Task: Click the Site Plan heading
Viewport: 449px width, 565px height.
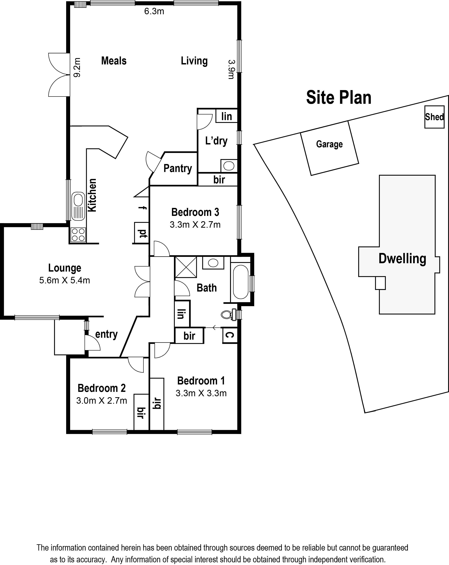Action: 339,97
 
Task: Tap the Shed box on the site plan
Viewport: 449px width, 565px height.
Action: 434,117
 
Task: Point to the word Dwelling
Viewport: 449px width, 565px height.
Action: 402,259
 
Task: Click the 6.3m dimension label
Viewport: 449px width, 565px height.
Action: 154,11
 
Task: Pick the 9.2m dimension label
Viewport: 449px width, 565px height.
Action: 77,67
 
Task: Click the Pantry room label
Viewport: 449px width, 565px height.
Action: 178,168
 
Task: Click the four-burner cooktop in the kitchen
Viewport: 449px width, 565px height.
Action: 78,235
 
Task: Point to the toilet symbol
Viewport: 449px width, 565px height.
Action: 228,314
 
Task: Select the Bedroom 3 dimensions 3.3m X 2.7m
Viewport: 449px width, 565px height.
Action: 195,225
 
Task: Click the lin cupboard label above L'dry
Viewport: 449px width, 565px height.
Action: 226,116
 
